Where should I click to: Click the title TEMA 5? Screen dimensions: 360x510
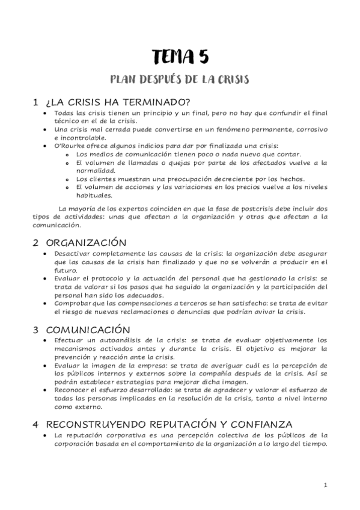click(x=180, y=57)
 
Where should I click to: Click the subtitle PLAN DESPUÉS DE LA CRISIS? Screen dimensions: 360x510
click(x=180, y=79)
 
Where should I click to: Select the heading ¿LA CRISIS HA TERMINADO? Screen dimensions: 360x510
click(x=118, y=102)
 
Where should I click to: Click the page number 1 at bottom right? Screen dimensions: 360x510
click(x=325, y=485)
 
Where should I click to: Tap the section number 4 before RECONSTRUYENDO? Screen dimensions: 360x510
click(x=36, y=424)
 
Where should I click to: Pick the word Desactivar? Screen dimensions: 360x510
click(x=74, y=254)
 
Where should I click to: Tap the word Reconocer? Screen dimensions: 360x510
click(x=72, y=390)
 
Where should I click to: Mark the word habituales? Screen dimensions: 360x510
click(x=93, y=195)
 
